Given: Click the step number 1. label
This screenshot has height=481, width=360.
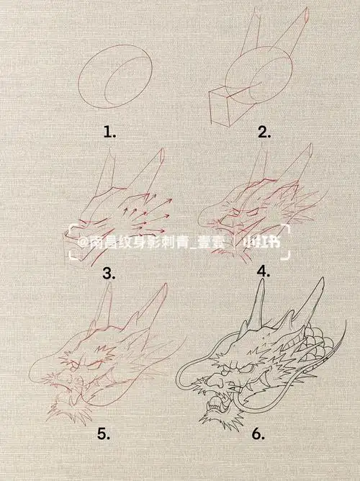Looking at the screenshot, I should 109,132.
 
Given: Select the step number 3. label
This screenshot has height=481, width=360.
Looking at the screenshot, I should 109,273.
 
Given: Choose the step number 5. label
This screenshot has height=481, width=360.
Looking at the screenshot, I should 104,433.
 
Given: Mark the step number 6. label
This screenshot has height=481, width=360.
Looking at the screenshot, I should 259,435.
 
